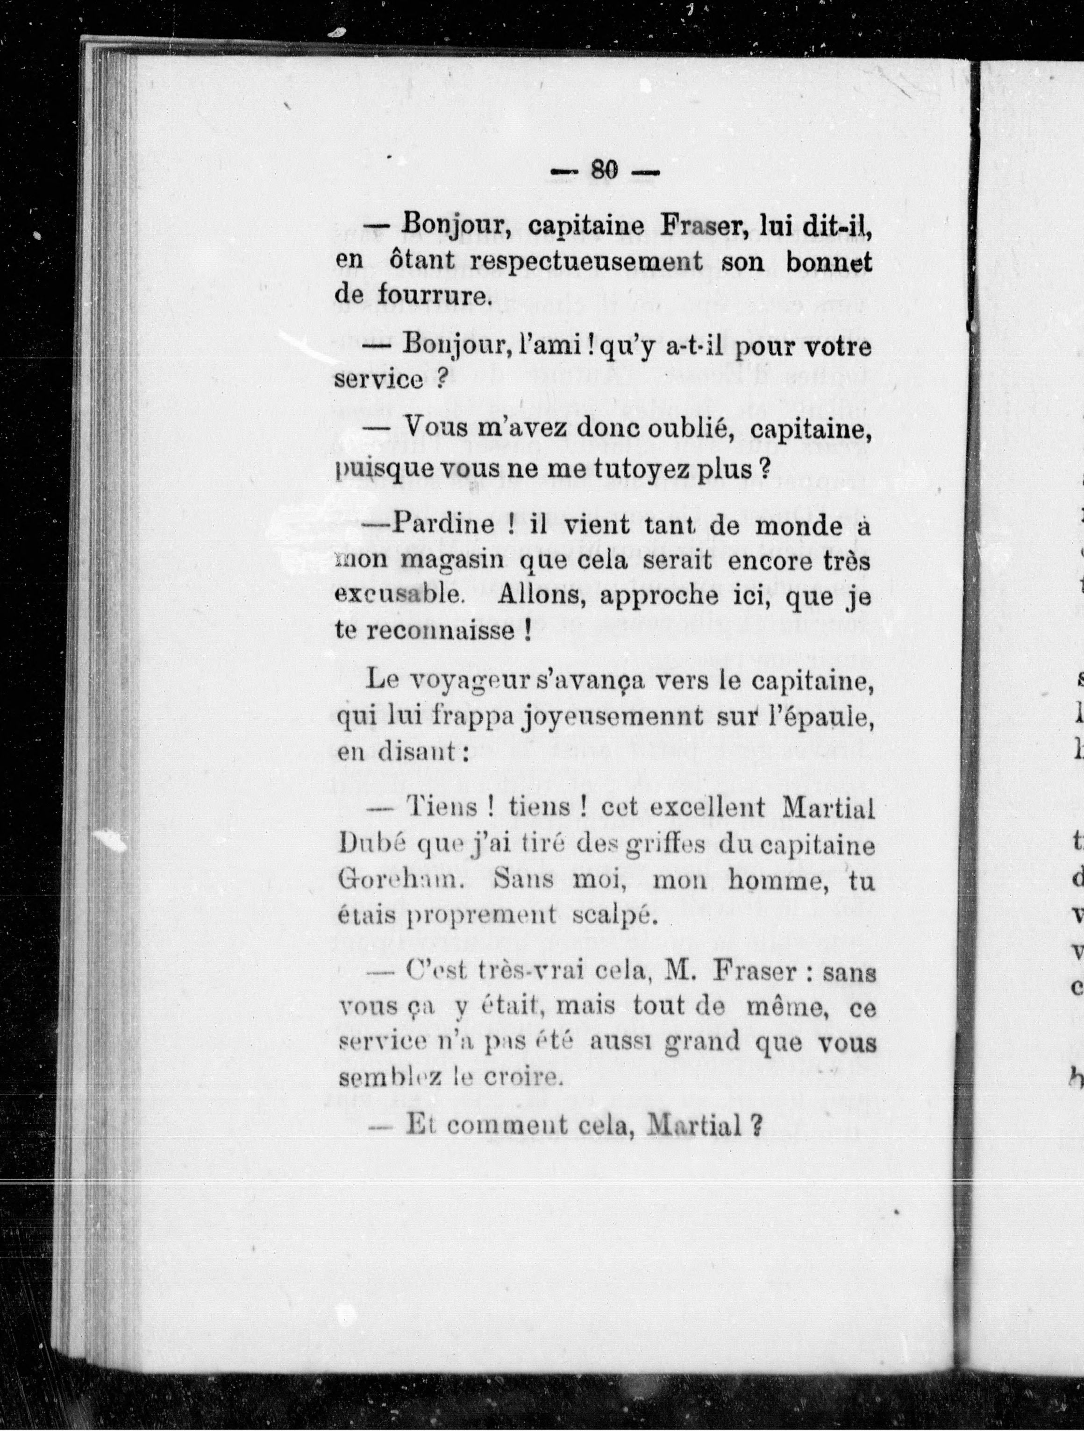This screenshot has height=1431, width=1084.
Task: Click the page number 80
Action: pyautogui.click(x=605, y=171)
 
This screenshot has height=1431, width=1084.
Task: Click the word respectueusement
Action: pyautogui.click(x=586, y=262)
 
